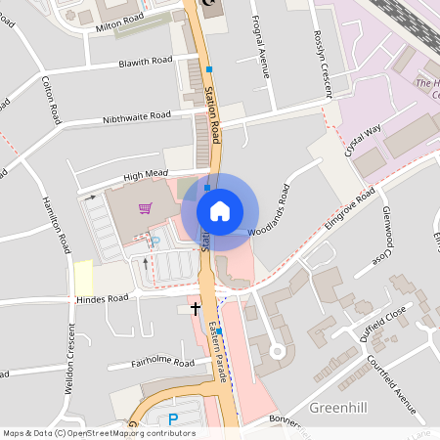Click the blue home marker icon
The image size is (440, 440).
[220, 210]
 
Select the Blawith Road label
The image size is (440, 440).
[145, 62]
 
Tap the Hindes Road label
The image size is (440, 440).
[103, 298]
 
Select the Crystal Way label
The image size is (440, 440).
[364, 139]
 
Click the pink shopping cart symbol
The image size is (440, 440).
[145, 207]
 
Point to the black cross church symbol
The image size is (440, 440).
[196, 308]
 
